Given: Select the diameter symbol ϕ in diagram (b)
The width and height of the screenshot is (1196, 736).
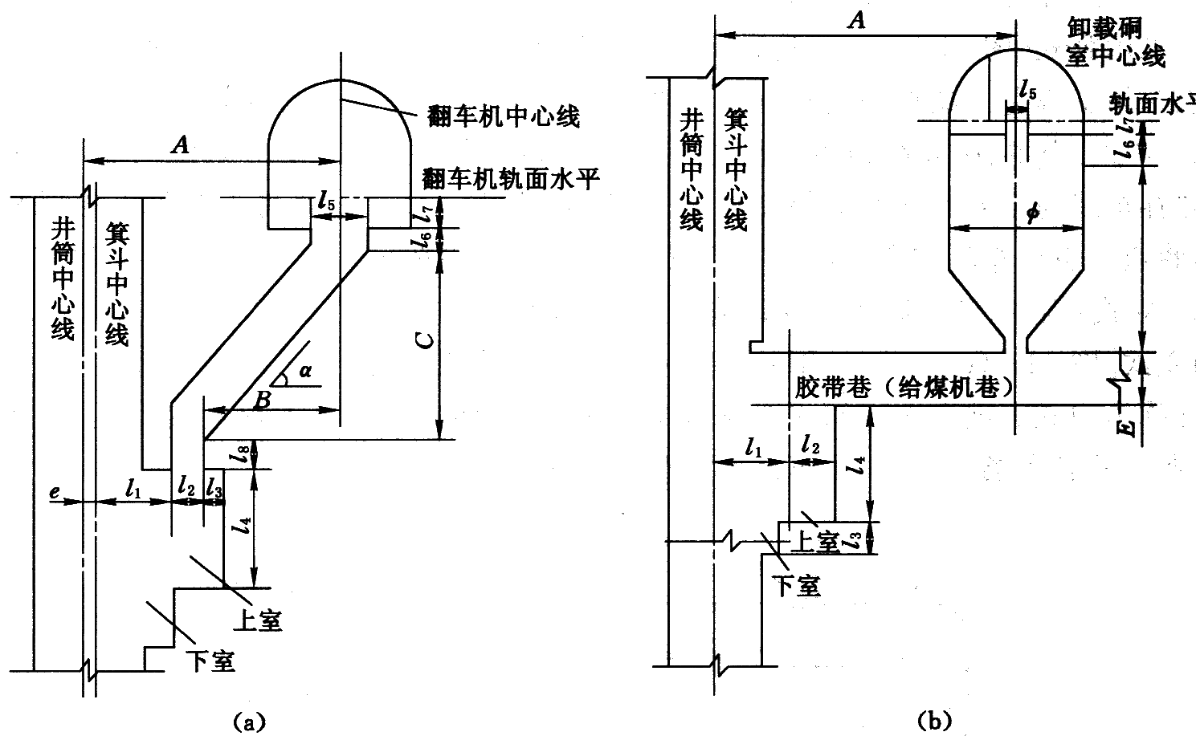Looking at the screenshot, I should (x=1033, y=213).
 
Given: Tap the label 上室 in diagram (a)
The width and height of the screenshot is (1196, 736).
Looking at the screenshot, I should (x=259, y=620).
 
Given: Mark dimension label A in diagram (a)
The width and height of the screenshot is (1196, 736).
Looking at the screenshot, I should (x=182, y=145).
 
